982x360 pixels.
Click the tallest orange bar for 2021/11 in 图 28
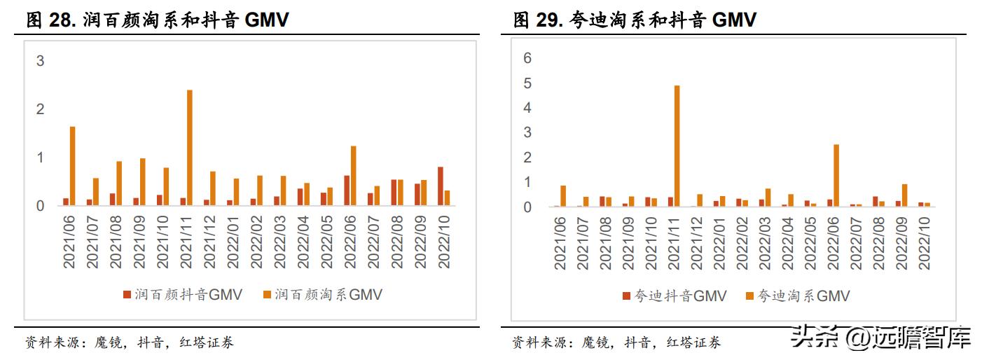pos(189,148)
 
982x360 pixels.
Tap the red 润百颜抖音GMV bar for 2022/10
pos(440,186)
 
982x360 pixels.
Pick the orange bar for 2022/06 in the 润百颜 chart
pos(353,176)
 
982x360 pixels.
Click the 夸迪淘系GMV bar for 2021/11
pos(677,146)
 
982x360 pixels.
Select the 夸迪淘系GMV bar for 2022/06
pos(836,175)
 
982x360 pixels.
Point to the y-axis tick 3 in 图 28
pos(40,61)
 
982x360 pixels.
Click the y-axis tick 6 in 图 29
pos(528,58)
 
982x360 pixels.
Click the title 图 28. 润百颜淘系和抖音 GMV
pos(158,20)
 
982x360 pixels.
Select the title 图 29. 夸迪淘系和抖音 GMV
pos(635,20)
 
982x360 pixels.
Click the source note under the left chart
pos(130,342)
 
